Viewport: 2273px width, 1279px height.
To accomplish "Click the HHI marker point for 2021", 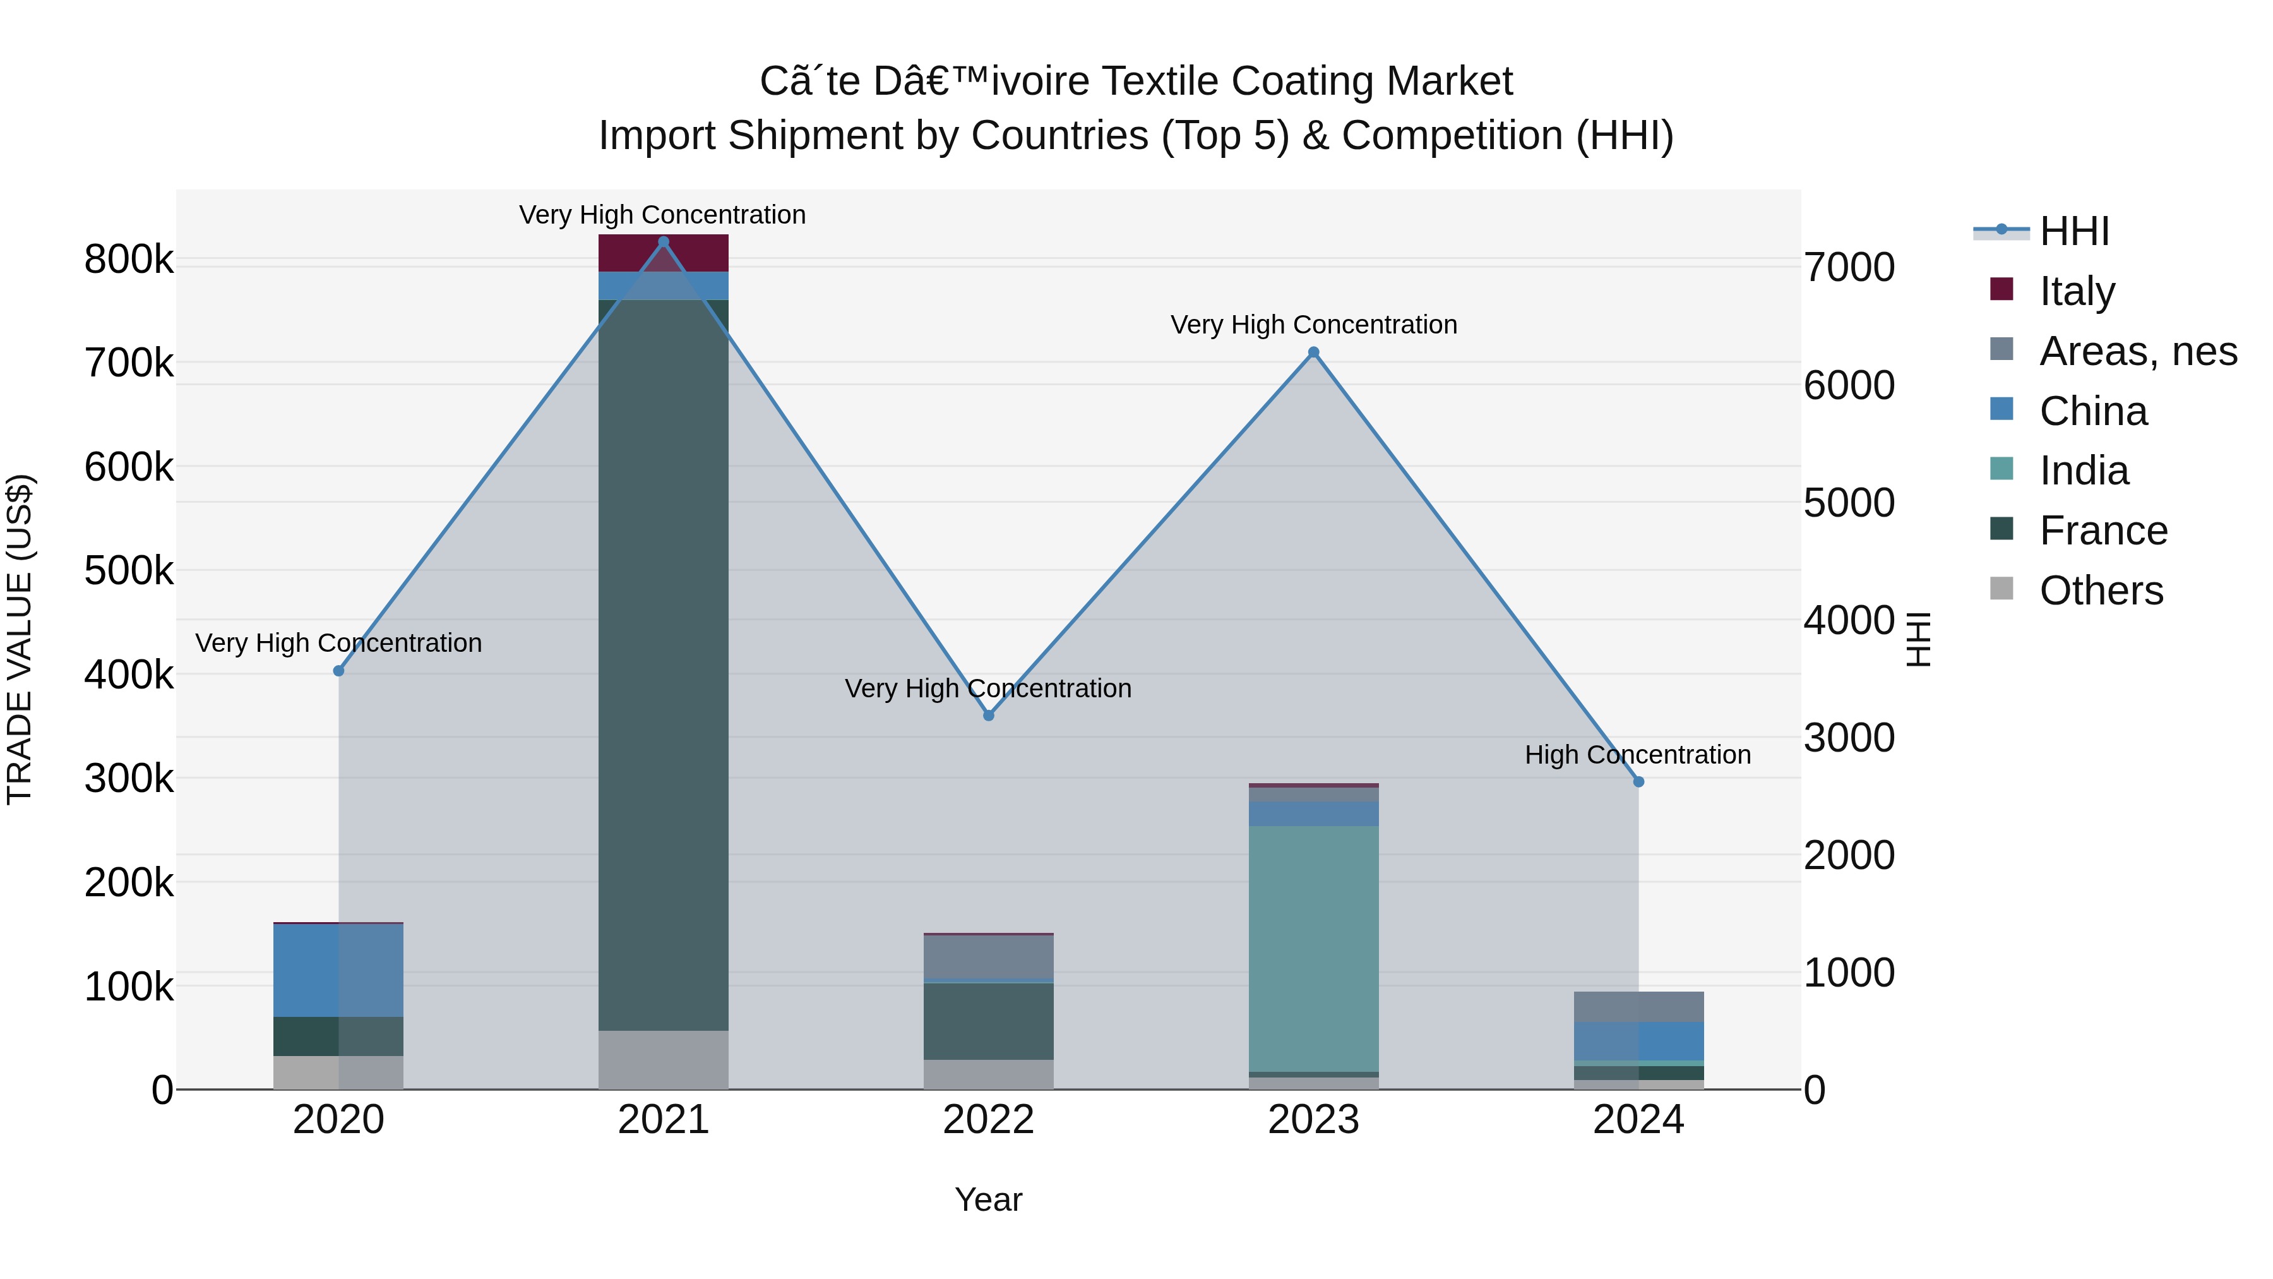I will (x=664, y=242).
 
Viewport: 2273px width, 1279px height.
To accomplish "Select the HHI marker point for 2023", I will (x=1313, y=352).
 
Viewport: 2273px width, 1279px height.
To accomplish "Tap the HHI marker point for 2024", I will (x=1638, y=781).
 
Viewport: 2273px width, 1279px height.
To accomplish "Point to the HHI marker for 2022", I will (x=988, y=715).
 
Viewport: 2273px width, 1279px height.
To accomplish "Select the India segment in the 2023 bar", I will (x=1313, y=949).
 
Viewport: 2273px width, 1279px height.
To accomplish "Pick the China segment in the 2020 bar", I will (x=338, y=970).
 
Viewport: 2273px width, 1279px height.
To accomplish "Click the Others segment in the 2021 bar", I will (x=664, y=1059).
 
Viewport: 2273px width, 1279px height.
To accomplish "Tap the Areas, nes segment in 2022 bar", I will (x=988, y=957).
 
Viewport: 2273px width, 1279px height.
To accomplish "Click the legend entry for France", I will (x=2102, y=531).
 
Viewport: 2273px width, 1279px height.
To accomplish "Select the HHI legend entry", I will (x=2073, y=231).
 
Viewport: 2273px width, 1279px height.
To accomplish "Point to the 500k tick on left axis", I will (x=129, y=571).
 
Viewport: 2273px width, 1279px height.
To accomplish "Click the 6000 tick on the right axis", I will (x=1849, y=386).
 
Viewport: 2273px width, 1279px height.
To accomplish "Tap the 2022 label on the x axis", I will (x=988, y=1120).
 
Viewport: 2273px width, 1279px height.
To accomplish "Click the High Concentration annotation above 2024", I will (x=1638, y=755).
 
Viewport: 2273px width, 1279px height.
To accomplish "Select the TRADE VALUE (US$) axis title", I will (x=20, y=639).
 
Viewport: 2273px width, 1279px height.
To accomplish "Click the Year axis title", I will (x=988, y=1199).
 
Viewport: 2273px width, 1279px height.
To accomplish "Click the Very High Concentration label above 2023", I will (x=1313, y=325).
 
